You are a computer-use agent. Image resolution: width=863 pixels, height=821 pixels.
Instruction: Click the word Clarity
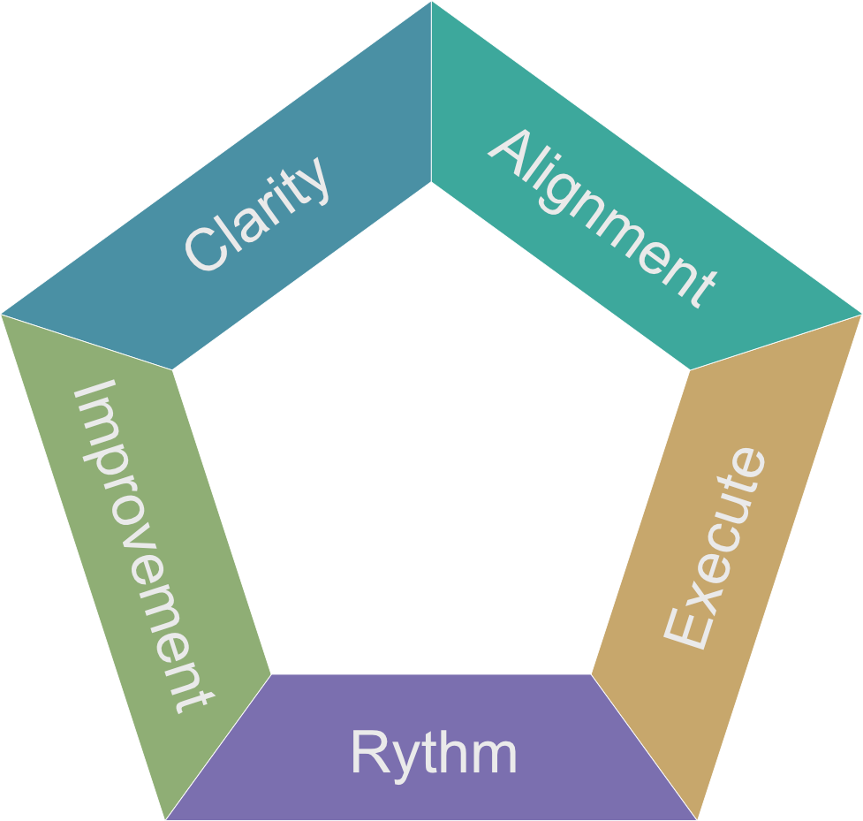[x=258, y=213]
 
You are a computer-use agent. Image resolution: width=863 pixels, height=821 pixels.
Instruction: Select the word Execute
[x=715, y=549]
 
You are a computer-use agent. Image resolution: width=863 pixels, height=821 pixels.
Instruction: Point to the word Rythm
[x=433, y=754]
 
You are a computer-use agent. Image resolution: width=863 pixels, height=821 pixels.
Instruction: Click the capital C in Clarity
[x=203, y=249]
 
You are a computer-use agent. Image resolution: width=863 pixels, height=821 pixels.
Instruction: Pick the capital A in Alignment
[x=511, y=151]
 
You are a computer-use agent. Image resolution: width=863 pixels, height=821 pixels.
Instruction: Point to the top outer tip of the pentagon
[x=431, y=3]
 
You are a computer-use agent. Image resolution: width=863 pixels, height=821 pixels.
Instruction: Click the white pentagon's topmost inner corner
[x=431, y=182]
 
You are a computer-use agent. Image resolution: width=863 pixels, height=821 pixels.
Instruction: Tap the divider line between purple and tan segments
[x=645, y=747]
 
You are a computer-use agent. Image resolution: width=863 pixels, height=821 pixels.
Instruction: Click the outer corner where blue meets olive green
[x=4, y=314]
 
